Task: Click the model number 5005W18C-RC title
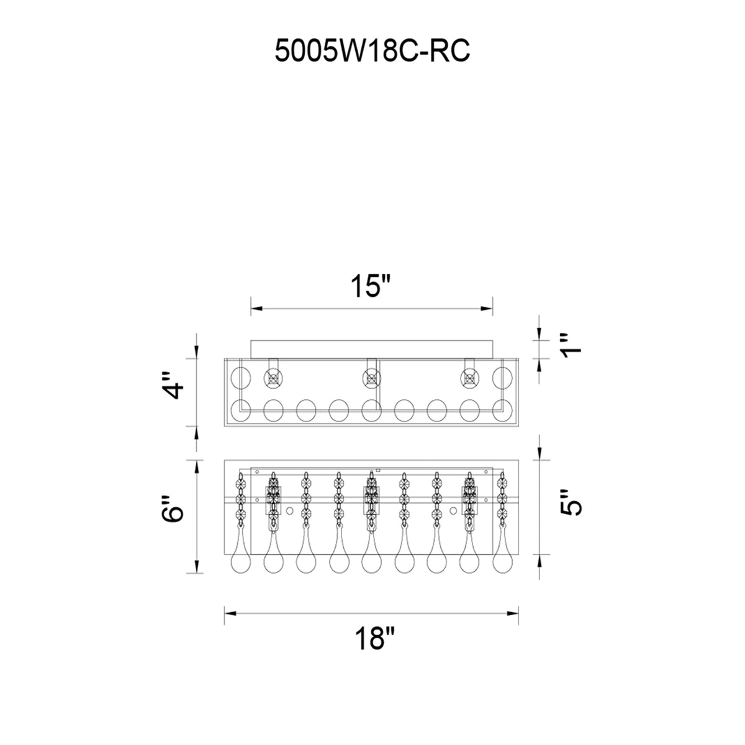[372, 51]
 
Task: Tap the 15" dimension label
[371, 286]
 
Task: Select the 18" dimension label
[374, 638]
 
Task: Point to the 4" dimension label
[173, 386]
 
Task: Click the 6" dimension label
[173, 509]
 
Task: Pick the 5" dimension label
[571, 502]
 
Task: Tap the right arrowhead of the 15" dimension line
[487, 308]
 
